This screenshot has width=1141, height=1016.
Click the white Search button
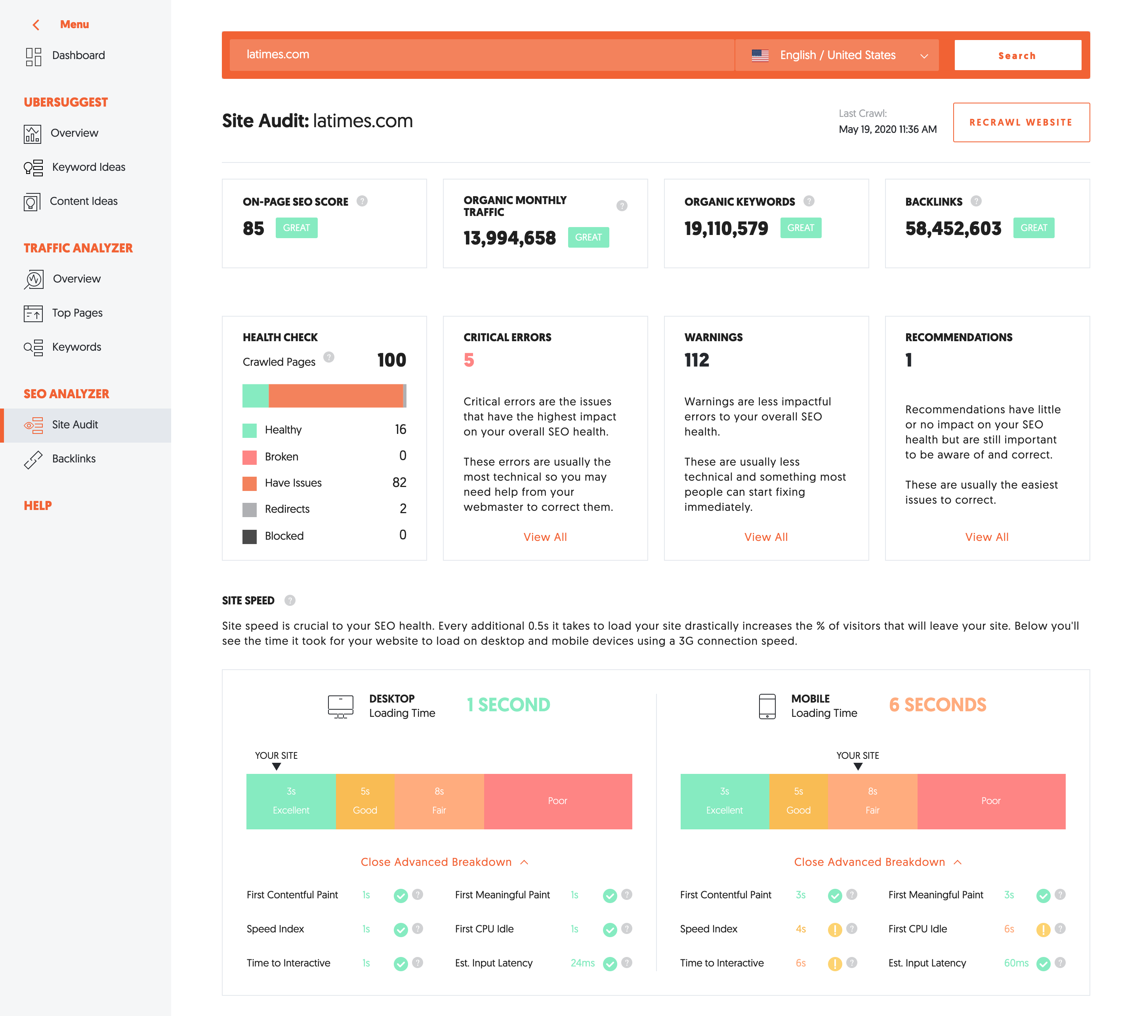coord(1017,55)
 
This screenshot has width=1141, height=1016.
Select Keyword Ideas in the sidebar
coord(88,167)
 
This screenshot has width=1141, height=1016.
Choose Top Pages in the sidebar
coord(77,313)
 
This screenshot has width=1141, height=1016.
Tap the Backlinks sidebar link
coord(74,458)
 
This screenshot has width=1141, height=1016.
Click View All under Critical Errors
coord(545,537)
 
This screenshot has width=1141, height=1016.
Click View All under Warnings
coord(766,537)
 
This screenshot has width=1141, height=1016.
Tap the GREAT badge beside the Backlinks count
coord(1033,228)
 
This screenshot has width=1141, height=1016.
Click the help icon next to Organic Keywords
coord(808,201)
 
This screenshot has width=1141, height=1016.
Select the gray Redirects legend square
coord(250,509)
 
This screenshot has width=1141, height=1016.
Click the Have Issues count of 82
coord(399,482)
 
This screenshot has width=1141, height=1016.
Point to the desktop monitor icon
coord(340,706)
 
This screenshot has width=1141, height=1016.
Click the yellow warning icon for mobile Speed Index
coord(834,930)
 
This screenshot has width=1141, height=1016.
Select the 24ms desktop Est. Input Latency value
coord(582,963)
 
